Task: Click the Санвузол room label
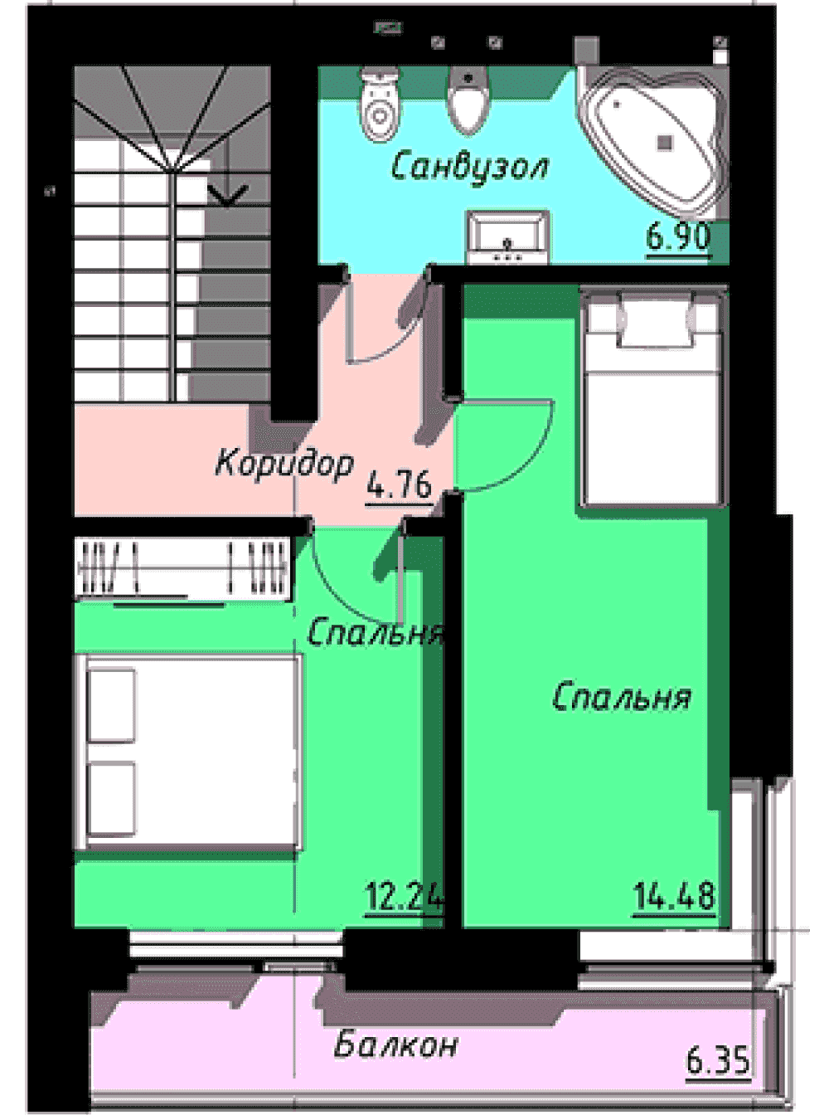[x=469, y=167]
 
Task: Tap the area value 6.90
[x=679, y=236]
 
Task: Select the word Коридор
[x=284, y=463]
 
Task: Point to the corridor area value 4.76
[x=399, y=484]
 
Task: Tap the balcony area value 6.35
[x=718, y=1060]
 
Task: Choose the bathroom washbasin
[x=508, y=236]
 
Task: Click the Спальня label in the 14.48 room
[x=622, y=698]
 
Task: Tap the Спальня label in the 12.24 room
[x=376, y=631]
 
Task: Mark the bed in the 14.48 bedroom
[x=654, y=398]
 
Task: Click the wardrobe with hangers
[x=182, y=569]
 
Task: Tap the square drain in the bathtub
[x=665, y=143]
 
